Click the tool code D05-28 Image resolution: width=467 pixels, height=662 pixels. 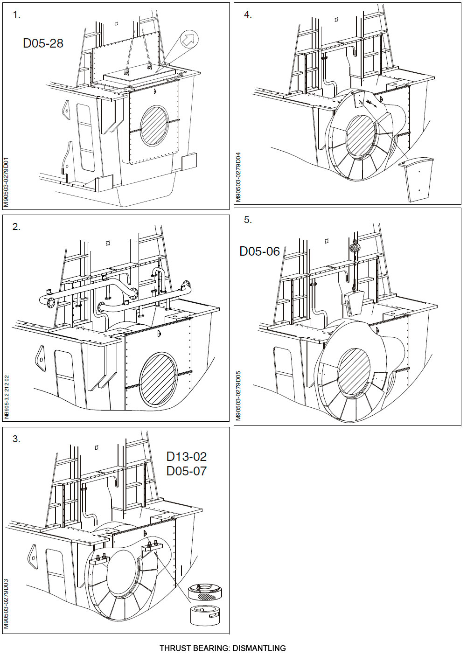pyautogui.click(x=43, y=43)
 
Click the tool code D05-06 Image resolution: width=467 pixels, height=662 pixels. pyautogui.click(x=259, y=251)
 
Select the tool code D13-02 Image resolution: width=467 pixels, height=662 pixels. pyautogui.click(x=186, y=456)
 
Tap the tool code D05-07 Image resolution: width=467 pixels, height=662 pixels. pyautogui.click(x=186, y=471)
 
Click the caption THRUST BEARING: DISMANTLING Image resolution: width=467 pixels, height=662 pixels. pyautogui.click(x=223, y=648)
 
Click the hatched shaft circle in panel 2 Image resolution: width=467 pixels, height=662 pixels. pyautogui.click(x=158, y=377)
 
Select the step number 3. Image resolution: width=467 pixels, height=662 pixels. pyautogui.click(x=16, y=439)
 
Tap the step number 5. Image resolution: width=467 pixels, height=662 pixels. pyautogui.click(x=248, y=220)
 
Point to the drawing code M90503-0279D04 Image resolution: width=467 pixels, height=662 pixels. pyautogui.click(x=238, y=176)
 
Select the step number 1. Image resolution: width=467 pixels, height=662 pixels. pyautogui.click(x=16, y=15)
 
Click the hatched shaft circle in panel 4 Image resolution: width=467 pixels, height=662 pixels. pyautogui.click(x=359, y=135)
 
